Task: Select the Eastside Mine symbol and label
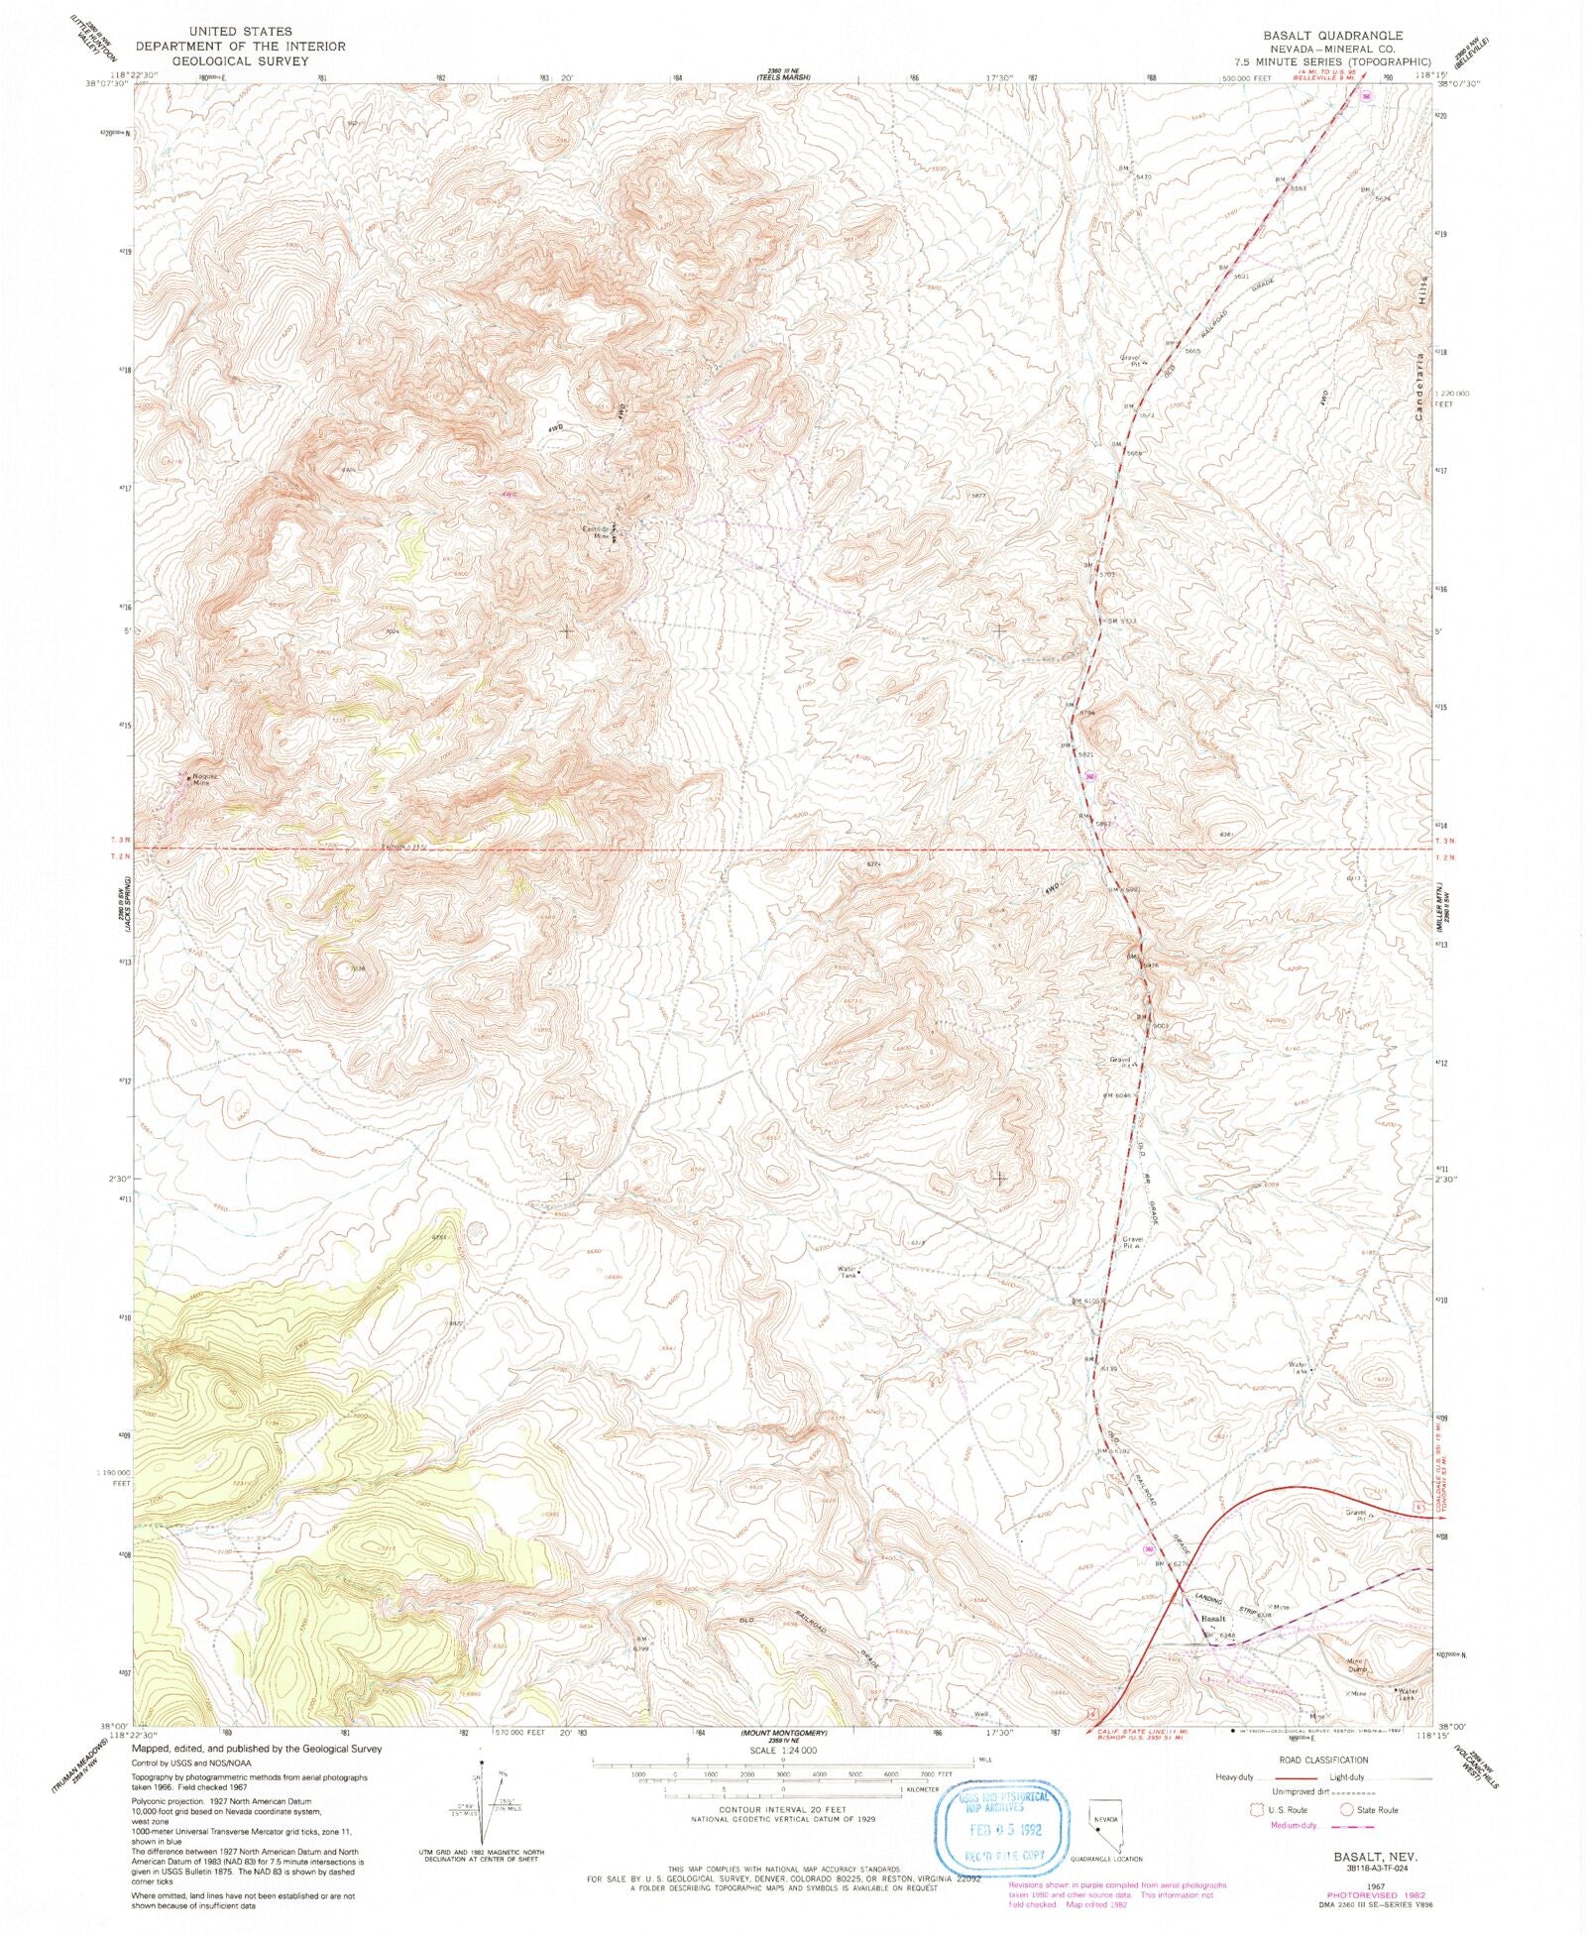click(603, 533)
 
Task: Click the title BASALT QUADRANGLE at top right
click(1332, 35)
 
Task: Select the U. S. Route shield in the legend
click(1259, 1809)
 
